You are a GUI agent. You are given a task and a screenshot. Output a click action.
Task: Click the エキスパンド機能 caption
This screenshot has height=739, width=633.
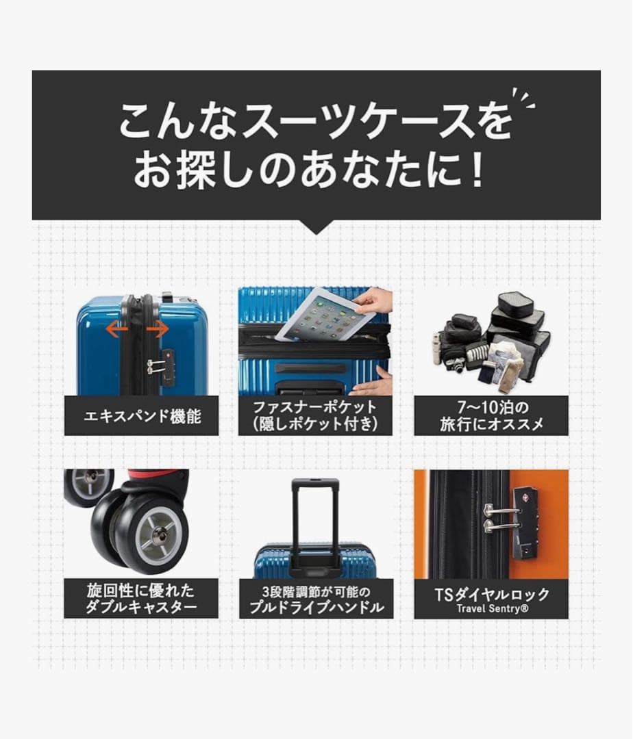click(141, 415)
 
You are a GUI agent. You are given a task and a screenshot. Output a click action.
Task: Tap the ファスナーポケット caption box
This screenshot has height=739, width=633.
click(316, 415)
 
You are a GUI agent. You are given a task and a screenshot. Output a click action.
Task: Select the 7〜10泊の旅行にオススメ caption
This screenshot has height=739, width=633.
click(491, 415)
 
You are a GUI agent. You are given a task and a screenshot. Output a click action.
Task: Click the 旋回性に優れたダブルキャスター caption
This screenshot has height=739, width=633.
click(141, 599)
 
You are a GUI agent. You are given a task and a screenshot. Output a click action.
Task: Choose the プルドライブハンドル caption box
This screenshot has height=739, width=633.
click(316, 599)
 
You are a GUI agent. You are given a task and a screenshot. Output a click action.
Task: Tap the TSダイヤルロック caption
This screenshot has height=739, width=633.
click(491, 594)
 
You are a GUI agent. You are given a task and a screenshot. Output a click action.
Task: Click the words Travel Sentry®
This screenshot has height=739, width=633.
click(491, 608)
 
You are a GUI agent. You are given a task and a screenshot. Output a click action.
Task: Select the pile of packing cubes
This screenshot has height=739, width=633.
click(491, 342)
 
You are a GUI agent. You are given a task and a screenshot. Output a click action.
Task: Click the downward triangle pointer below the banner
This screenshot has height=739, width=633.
click(316, 227)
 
